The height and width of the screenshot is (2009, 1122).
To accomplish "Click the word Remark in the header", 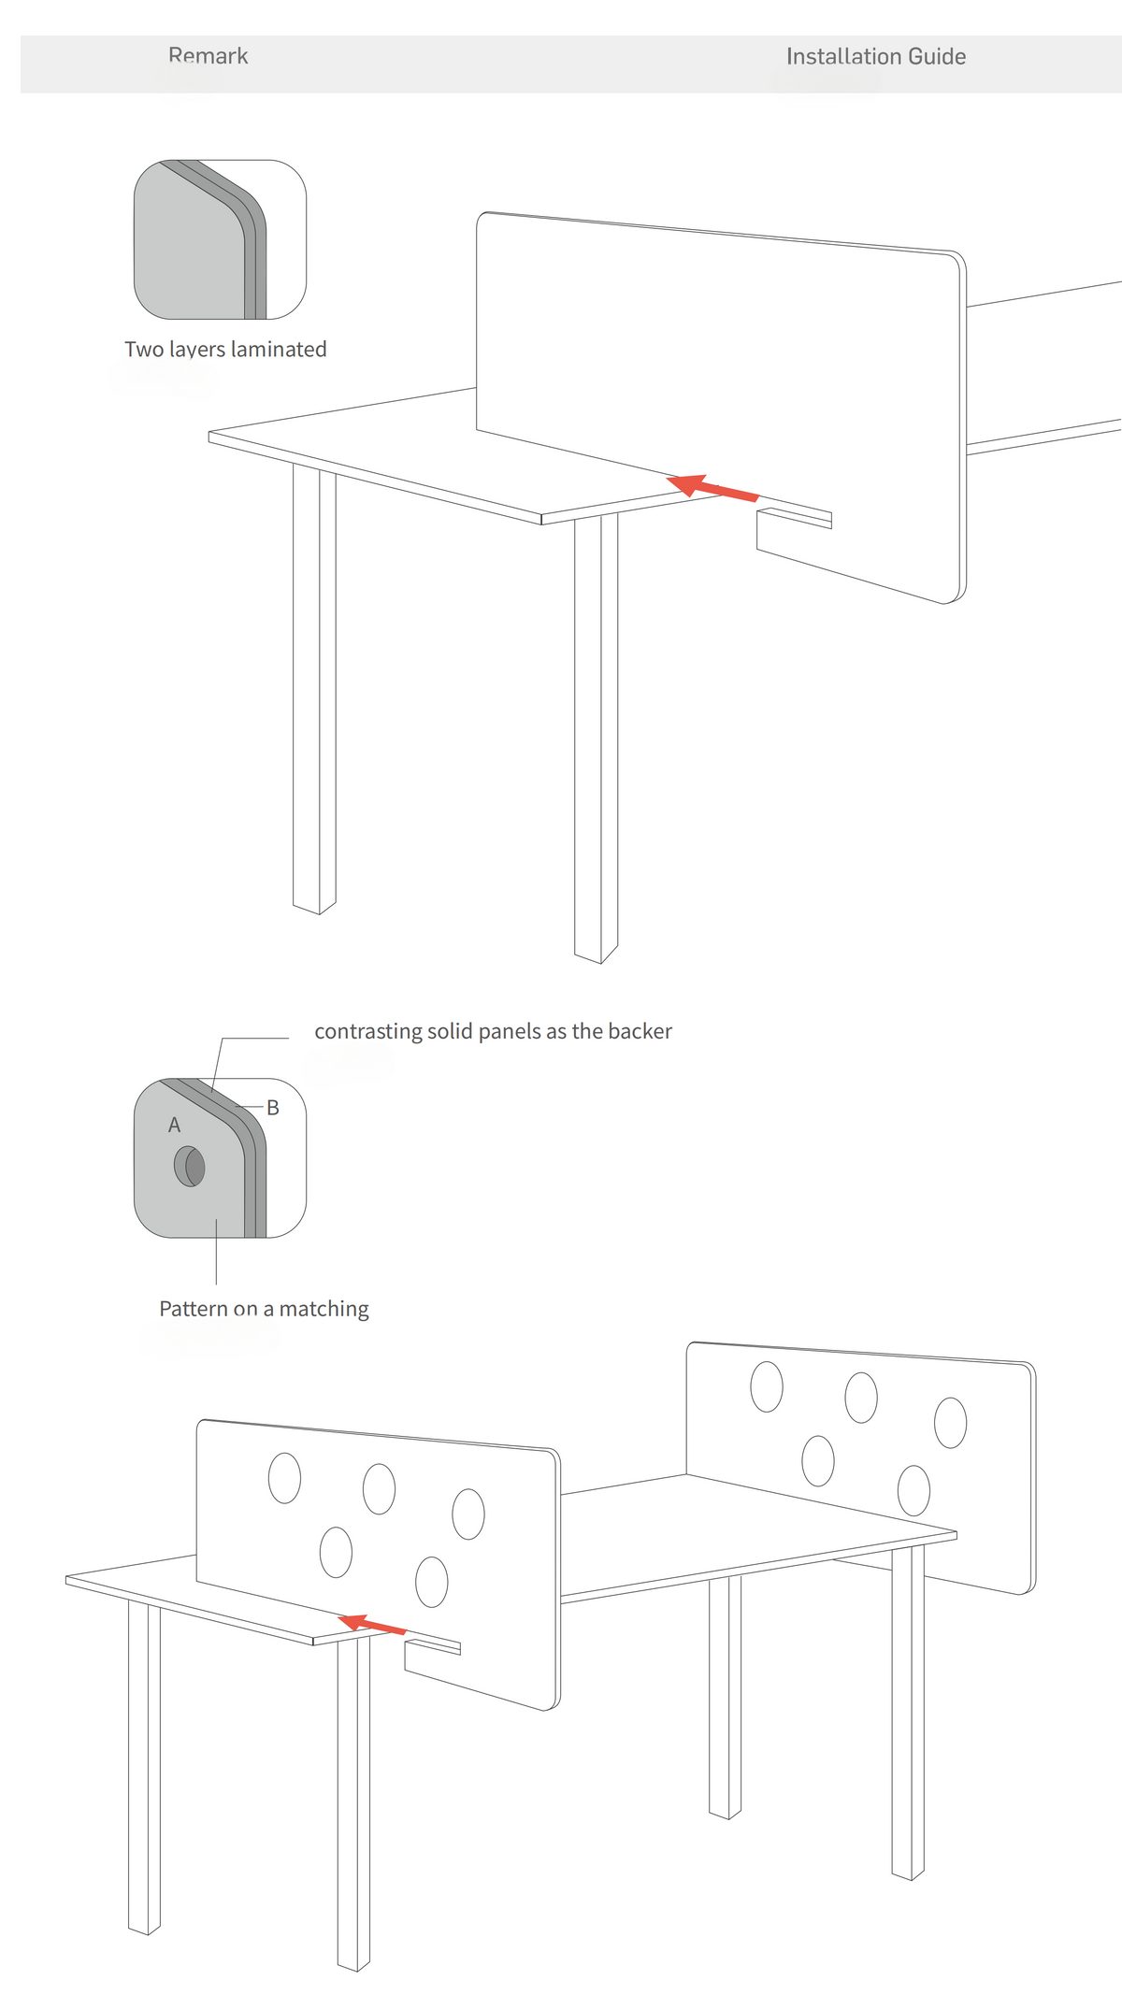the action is (x=209, y=56).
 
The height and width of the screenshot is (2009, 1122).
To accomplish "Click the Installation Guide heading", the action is (x=876, y=56).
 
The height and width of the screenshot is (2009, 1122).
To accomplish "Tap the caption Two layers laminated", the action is (x=225, y=350).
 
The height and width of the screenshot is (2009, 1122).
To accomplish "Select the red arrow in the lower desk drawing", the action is (x=372, y=1624).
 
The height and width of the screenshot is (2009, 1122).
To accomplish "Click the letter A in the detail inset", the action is (x=174, y=1126).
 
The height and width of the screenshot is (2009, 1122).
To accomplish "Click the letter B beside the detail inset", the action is (x=273, y=1108).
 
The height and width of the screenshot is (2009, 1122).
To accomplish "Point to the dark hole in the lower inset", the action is (x=190, y=1166).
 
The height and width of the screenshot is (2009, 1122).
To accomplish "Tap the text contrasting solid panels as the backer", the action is (x=493, y=1031).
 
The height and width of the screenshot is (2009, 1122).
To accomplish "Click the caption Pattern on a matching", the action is (x=264, y=1309).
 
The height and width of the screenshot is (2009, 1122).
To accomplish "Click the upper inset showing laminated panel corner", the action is (x=220, y=239).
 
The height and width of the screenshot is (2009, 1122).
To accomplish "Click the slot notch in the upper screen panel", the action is (x=794, y=518).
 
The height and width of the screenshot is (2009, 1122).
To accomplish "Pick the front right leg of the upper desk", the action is (x=596, y=739).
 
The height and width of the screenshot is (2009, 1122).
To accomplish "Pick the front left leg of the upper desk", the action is (x=314, y=689).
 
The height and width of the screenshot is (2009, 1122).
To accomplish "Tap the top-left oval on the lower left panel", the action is (x=284, y=1478).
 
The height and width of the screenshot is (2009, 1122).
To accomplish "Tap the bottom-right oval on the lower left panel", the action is (x=431, y=1582).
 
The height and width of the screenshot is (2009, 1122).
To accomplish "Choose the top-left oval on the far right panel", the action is (x=767, y=1386).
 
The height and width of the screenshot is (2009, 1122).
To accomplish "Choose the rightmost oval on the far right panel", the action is (x=950, y=1423).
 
